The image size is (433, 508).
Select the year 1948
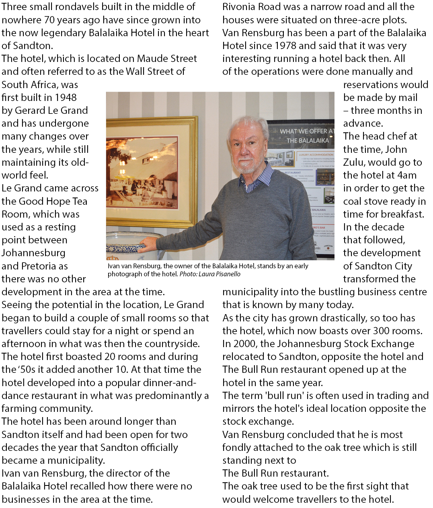pos(64,97)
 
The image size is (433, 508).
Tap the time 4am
pos(404,175)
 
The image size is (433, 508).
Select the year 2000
pos(244,343)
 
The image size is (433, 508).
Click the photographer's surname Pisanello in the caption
pos(226,274)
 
